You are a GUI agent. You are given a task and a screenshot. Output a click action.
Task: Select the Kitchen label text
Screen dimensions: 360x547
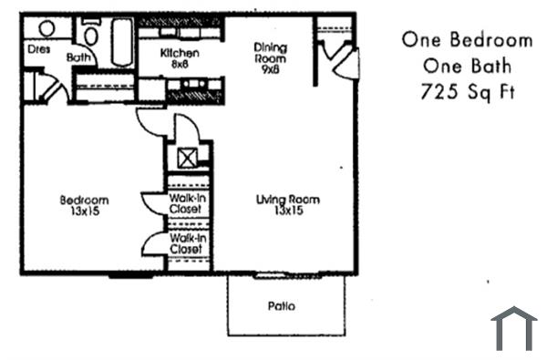click(x=179, y=54)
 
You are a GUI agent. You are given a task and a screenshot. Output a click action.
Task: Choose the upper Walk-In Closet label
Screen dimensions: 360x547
click(x=186, y=203)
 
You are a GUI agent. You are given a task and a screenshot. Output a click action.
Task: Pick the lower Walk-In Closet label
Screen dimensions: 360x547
click(x=186, y=242)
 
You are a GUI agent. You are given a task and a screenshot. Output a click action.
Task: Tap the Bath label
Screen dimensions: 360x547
click(x=79, y=57)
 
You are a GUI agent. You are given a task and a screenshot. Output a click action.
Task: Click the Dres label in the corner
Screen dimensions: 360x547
click(x=37, y=49)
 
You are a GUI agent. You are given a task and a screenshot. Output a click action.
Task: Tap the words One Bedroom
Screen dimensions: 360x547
click(x=466, y=40)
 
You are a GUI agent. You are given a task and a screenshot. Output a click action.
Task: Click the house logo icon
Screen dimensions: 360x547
click(x=513, y=328)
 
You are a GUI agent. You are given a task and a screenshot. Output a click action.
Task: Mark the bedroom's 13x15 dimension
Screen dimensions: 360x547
click(x=84, y=211)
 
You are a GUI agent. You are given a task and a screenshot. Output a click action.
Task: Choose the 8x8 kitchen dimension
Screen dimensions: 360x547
click(x=179, y=65)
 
